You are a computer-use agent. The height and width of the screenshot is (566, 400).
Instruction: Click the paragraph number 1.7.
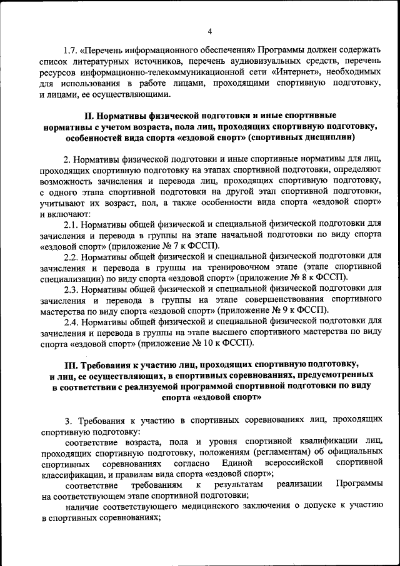[71, 49]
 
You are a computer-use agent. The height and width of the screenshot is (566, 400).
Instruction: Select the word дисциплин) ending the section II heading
[331, 136]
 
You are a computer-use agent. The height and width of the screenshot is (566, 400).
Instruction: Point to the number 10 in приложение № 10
[203, 343]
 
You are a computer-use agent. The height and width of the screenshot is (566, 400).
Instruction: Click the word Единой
[236, 462]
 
